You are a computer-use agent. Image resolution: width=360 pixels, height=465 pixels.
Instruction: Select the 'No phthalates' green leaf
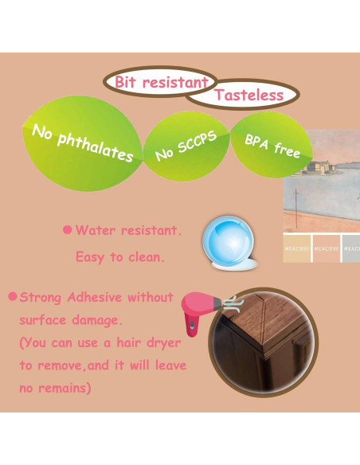click(x=81, y=143)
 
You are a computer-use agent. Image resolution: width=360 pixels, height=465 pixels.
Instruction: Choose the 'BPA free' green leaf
click(x=272, y=145)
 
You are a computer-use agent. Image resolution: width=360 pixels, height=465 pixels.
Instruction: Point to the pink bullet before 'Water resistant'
click(x=67, y=230)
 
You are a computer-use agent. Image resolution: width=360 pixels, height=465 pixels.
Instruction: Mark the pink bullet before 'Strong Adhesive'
click(x=12, y=297)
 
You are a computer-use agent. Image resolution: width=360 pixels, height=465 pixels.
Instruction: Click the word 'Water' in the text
click(x=93, y=230)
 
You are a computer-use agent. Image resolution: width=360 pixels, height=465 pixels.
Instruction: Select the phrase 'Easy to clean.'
click(x=119, y=257)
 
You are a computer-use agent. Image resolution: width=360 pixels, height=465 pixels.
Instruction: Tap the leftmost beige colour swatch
click(x=296, y=247)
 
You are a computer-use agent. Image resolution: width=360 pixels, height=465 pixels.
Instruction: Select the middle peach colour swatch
click(x=327, y=247)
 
